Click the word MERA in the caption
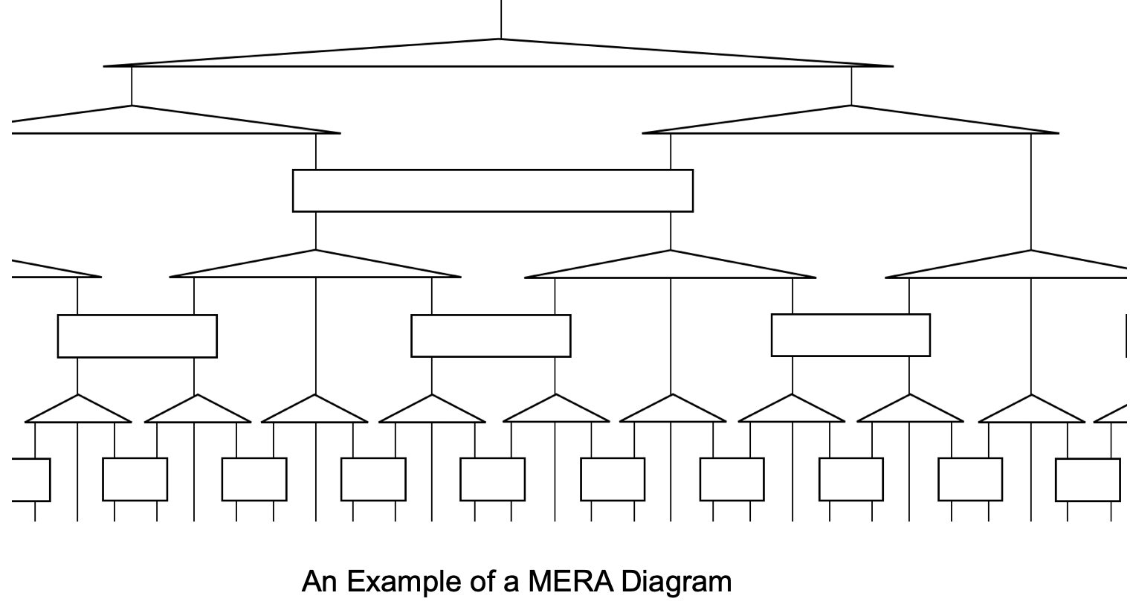[x=571, y=581]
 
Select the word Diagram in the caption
[x=677, y=581]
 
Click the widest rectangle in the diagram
[x=493, y=190]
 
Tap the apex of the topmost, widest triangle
[x=500, y=40]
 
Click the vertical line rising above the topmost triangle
[x=500, y=19]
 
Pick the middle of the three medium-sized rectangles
[x=491, y=336]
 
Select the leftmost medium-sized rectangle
[x=138, y=336]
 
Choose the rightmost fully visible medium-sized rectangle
[x=850, y=335]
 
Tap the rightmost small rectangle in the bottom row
[x=1088, y=480]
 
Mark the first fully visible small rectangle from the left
[x=135, y=479]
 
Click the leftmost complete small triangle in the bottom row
[x=78, y=411]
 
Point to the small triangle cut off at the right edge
[x=1115, y=414]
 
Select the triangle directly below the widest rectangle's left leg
[x=315, y=267]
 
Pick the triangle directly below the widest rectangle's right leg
[x=671, y=267]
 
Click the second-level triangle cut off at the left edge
[x=52, y=271]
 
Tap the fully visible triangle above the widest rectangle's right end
[x=850, y=123]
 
